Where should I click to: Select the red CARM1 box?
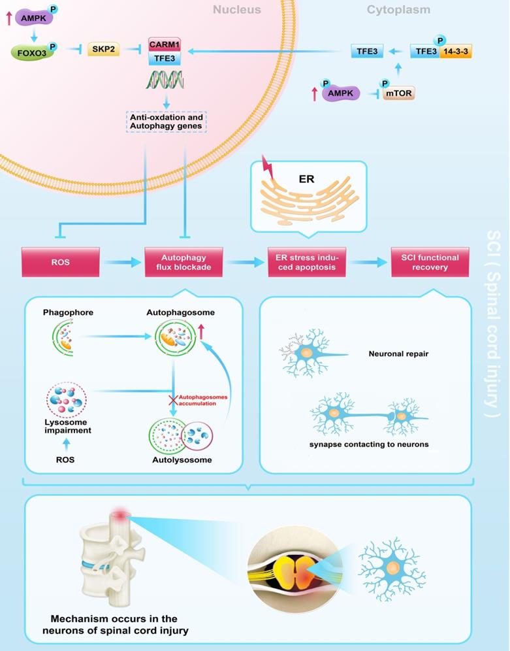(165, 45)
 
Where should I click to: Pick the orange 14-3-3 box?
(455, 51)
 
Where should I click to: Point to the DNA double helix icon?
(167, 80)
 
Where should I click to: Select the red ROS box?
(60, 262)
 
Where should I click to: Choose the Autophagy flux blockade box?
(183, 262)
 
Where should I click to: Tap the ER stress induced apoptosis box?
(307, 262)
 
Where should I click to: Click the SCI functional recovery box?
(430, 262)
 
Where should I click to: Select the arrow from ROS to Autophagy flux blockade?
(121, 262)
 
